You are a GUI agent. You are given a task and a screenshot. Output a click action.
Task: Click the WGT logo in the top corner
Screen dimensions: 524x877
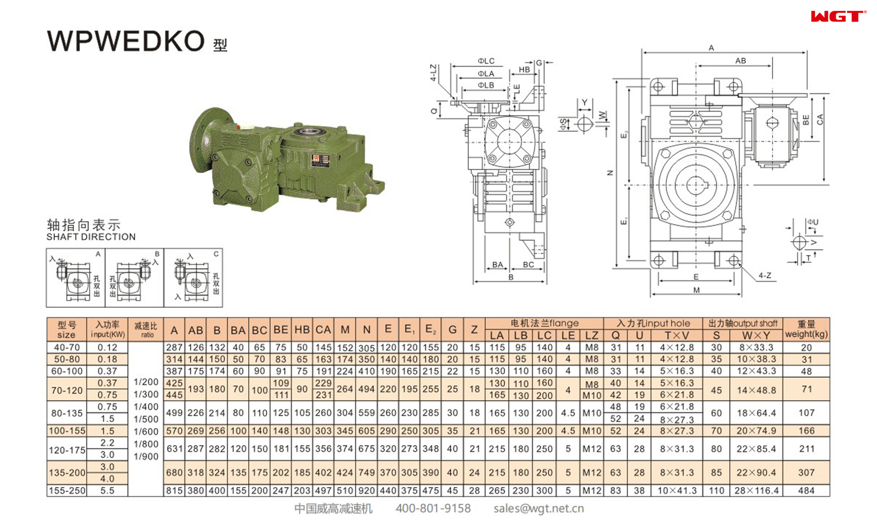click(x=837, y=17)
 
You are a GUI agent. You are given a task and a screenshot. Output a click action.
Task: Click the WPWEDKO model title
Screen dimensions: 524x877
click(x=126, y=41)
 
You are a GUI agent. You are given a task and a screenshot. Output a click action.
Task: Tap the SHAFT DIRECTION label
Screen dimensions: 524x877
click(x=91, y=237)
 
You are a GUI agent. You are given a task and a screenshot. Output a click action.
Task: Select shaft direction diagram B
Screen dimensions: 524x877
click(x=134, y=278)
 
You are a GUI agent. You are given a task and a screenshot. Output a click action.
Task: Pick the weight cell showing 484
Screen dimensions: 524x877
click(x=806, y=490)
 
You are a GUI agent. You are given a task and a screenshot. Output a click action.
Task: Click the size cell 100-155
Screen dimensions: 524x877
click(x=67, y=431)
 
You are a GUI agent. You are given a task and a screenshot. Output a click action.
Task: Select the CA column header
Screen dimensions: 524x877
click(x=323, y=330)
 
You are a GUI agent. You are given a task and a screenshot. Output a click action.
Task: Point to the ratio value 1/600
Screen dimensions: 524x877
click(x=146, y=432)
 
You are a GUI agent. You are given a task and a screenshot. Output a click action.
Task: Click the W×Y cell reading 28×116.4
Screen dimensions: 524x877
click(x=756, y=490)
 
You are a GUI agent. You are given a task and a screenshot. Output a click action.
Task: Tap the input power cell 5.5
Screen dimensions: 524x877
click(x=107, y=490)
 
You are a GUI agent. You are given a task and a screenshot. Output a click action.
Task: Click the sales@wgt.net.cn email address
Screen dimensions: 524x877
click(x=538, y=508)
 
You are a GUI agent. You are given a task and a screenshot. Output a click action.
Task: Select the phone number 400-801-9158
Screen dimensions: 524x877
click(x=433, y=508)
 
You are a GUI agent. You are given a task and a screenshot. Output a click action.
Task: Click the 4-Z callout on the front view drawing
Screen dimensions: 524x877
click(x=764, y=275)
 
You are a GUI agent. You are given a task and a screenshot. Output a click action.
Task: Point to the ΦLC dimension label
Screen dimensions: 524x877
click(x=486, y=61)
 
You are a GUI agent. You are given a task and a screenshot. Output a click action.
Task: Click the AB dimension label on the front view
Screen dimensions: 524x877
click(x=740, y=61)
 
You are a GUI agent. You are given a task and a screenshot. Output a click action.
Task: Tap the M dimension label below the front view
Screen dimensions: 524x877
click(x=696, y=290)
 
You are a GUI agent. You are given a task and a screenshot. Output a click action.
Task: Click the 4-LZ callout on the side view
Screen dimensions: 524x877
click(x=433, y=73)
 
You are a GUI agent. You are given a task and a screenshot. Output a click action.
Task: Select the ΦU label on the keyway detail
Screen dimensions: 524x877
click(x=813, y=222)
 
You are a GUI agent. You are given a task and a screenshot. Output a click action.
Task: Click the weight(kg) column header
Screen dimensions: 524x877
click(x=806, y=330)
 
